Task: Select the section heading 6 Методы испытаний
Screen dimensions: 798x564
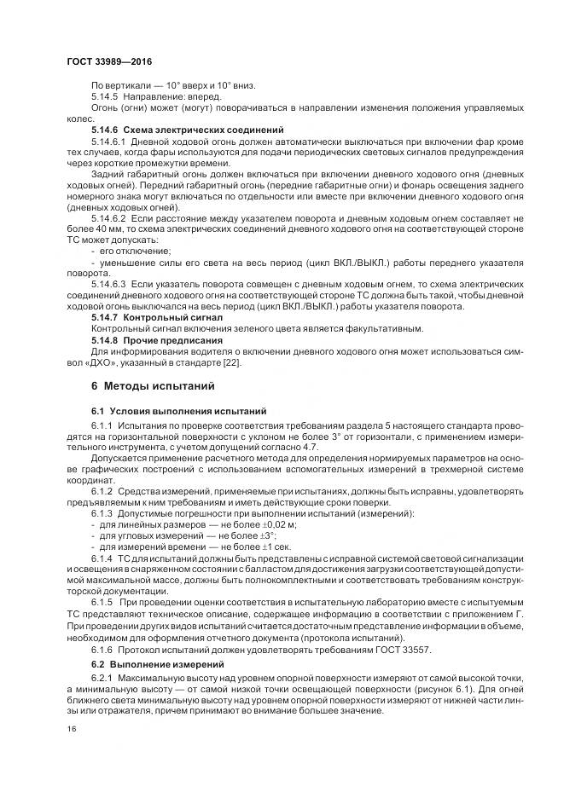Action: click(x=153, y=386)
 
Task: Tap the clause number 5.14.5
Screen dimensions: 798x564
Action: click(x=108, y=95)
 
